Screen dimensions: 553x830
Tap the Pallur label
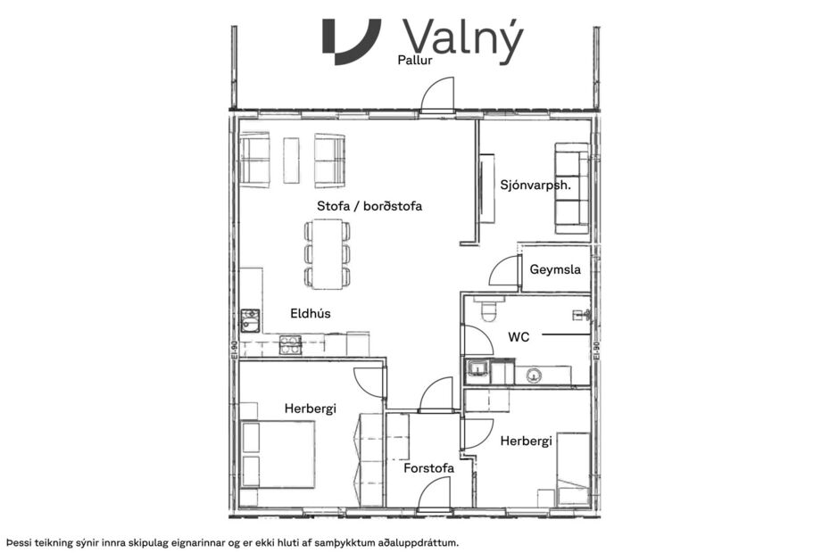(x=415, y=62)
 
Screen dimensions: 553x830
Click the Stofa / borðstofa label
(x=369, y=206)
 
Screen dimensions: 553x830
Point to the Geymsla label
(x=555, y=269)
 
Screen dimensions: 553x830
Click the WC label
(x=519, y=337)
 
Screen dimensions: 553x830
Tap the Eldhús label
(x=311, y=314)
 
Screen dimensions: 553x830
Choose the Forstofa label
(x=428, y=467)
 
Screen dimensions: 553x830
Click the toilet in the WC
(x=489, y=310)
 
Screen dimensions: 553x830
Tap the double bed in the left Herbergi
(x=278, y=454)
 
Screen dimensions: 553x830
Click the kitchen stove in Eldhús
(x=290, y=344)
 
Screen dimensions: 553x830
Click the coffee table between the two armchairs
(x=291, y=160)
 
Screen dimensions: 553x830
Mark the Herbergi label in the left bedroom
(x=310, y=409)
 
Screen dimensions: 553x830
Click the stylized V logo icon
(x=351, y=40)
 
